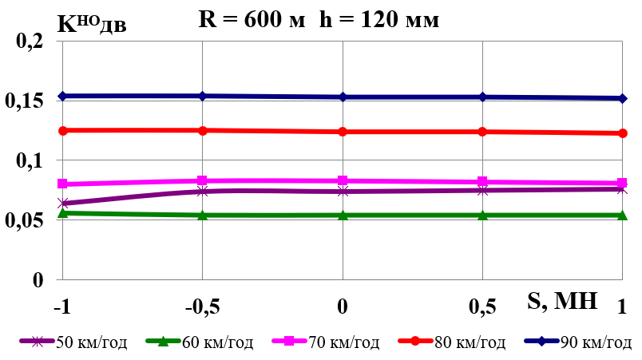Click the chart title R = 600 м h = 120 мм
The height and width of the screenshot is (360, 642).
click(318, 20)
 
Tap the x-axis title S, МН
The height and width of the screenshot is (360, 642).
click(562, 300)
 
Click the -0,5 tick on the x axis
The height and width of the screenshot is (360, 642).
click(202, 307)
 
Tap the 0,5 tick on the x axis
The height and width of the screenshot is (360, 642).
click(482, 307)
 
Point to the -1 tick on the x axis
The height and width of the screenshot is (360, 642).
click(61, 307)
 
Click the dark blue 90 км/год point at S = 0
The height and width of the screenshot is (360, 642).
click(343, 97)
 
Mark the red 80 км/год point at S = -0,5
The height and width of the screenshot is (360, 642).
click(203, 130)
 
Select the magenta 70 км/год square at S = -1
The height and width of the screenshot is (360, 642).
click(62, 184)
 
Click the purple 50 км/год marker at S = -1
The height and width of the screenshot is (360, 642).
click(62, 204)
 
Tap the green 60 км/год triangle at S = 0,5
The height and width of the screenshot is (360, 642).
click(482, 215)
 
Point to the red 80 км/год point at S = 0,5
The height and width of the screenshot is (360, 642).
click(482, 132)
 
